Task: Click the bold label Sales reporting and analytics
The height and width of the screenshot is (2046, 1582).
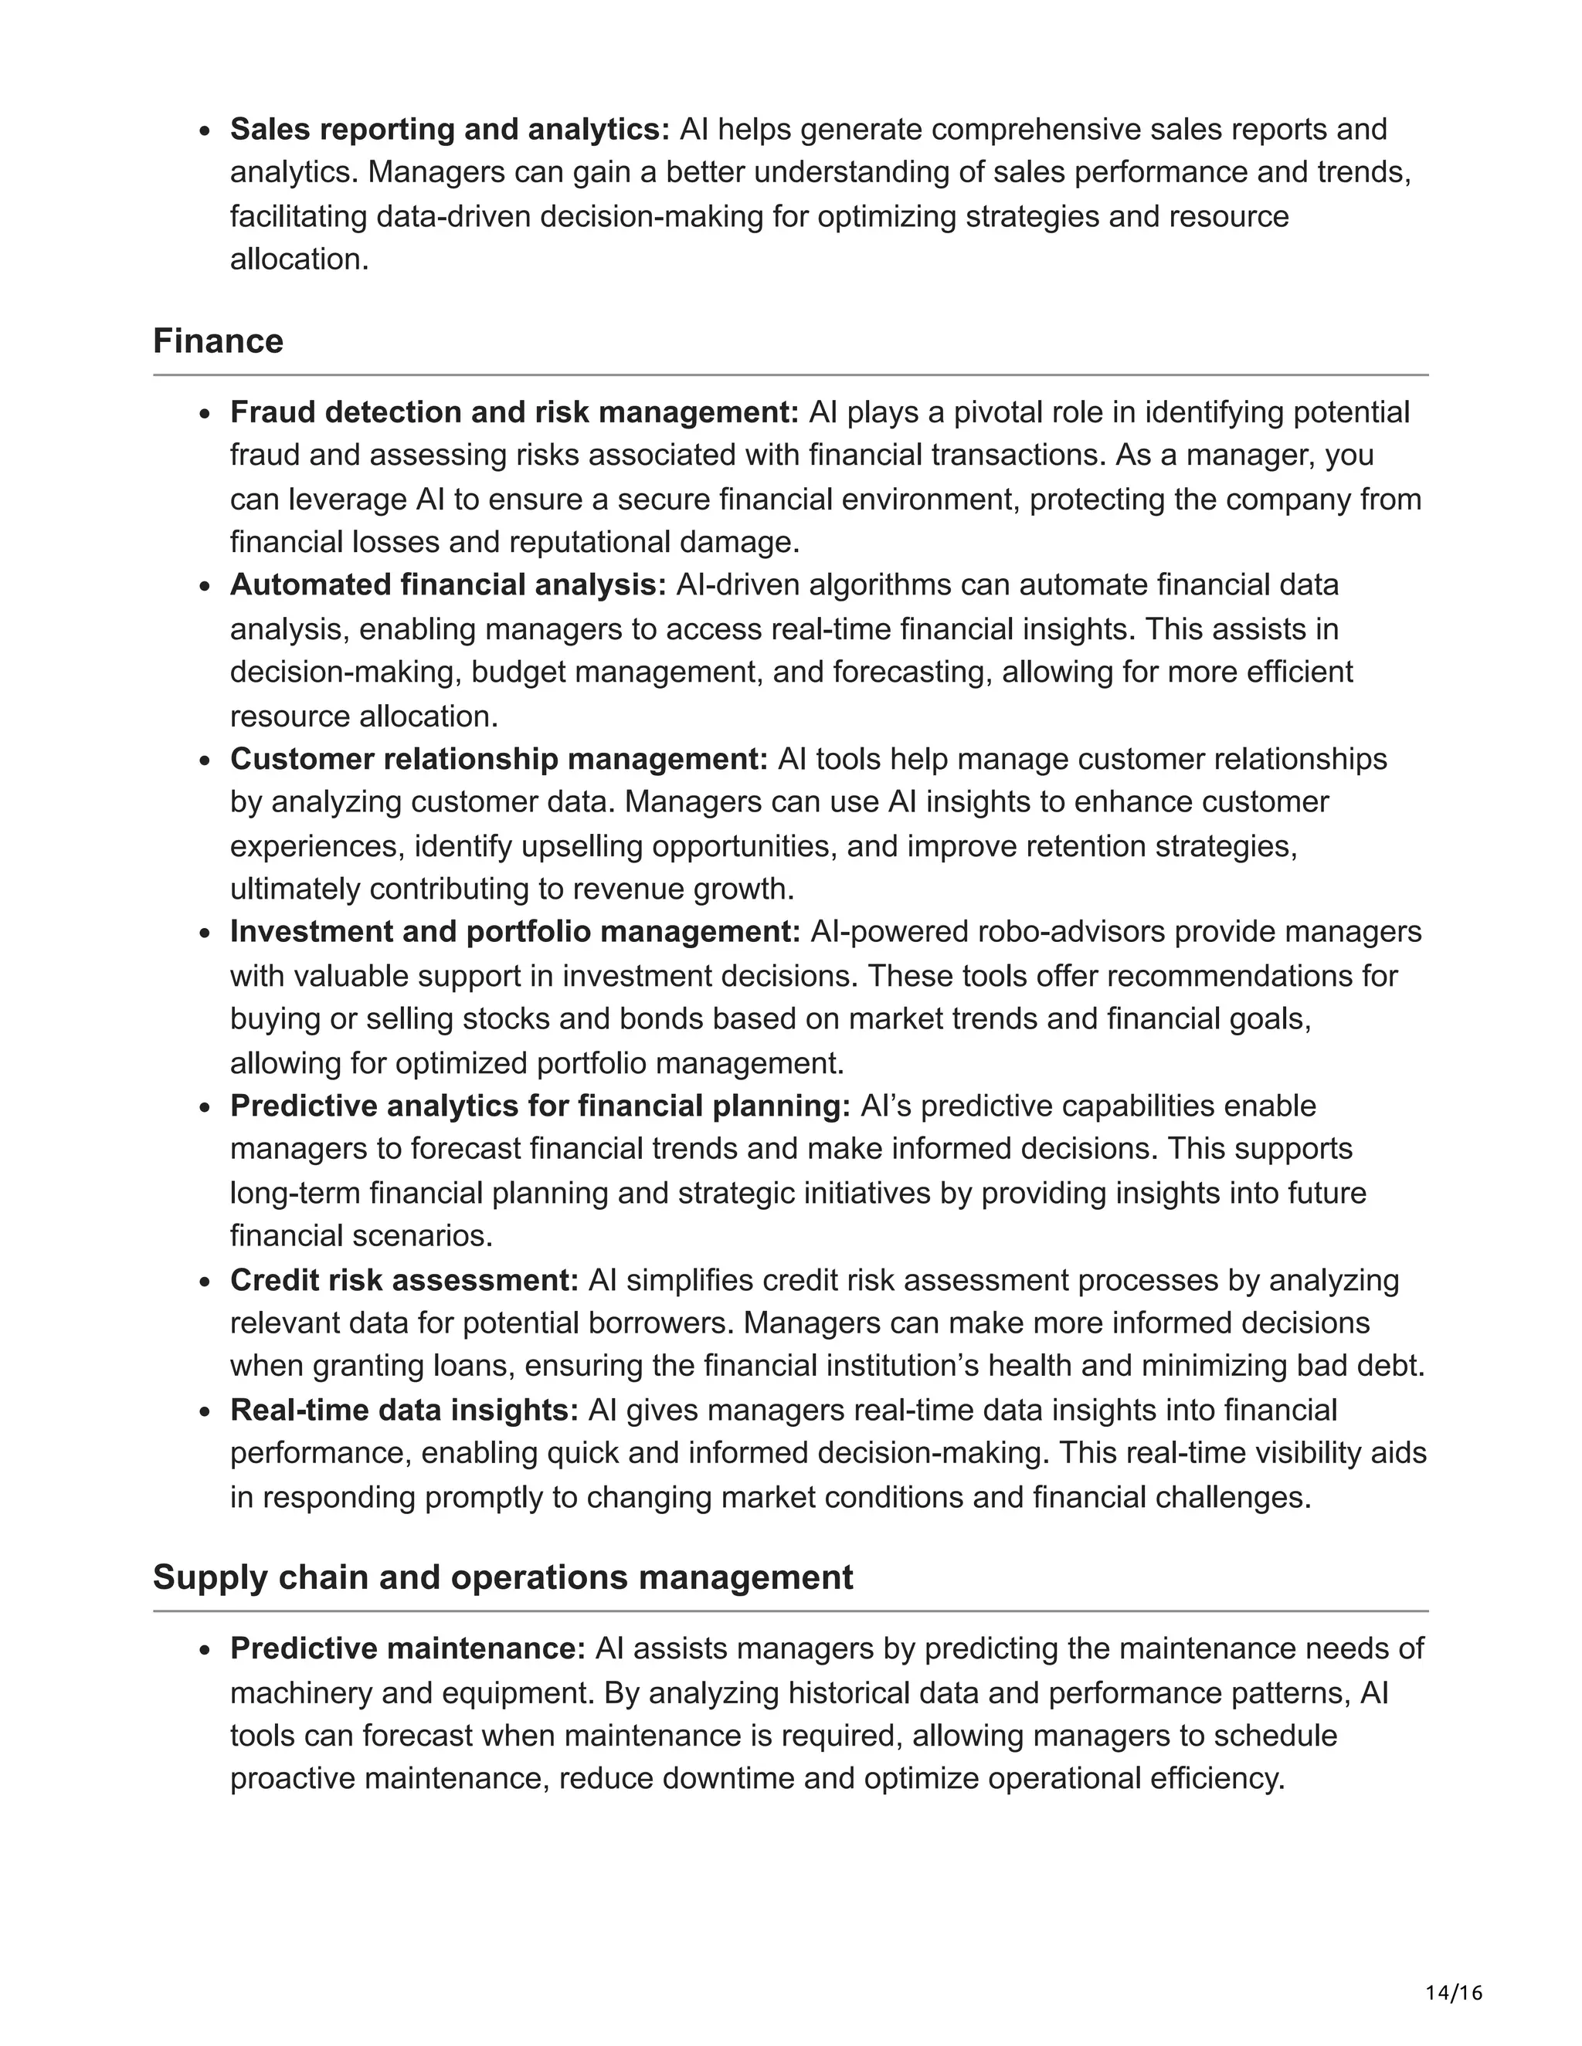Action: [450, 129]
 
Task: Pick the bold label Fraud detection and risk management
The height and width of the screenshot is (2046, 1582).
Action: [514, 412]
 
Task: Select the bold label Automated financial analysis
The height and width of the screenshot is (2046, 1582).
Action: [448, 585]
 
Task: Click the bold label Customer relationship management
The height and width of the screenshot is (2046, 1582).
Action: [498, 759]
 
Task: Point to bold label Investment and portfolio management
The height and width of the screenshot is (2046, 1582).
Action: [514, 932]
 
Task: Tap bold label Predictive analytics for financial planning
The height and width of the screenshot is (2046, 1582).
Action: [540, 1106]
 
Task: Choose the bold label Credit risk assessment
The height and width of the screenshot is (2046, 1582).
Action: [404, 1281]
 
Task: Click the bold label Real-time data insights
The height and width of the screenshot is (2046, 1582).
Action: [404, 1410]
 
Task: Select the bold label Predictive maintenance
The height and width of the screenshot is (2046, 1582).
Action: [408, 1649]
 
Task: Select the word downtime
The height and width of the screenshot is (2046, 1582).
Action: [722, 1779]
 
